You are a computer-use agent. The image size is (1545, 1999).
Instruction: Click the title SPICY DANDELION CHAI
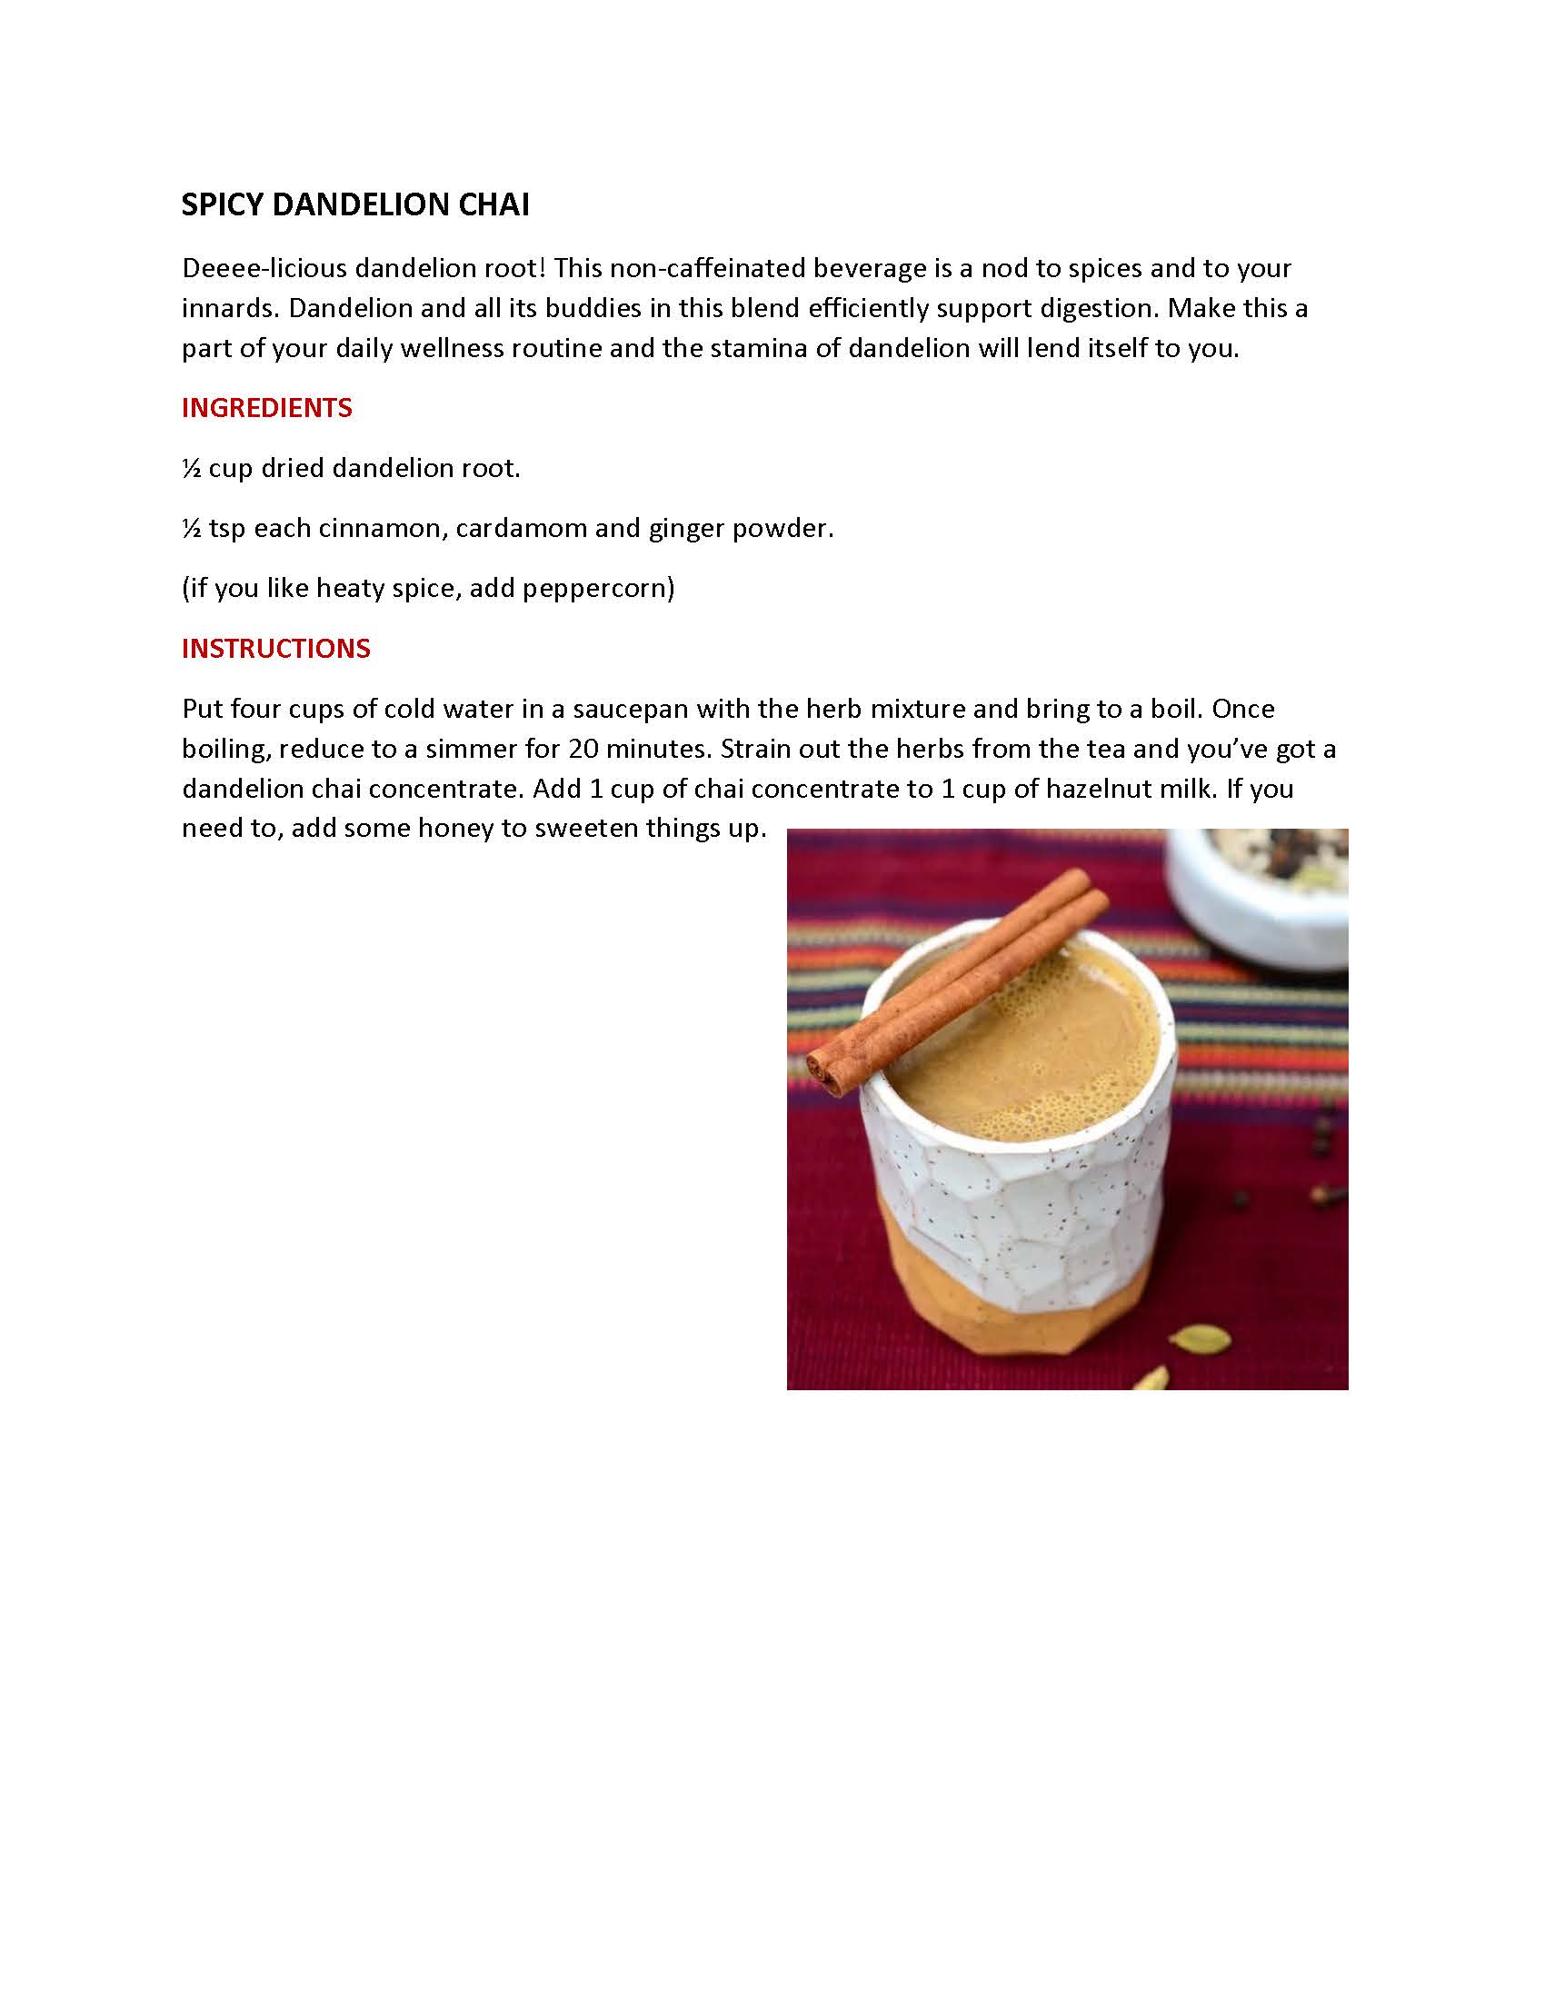point(355,204)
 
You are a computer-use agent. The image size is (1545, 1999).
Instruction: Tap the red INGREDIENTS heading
point(266,408)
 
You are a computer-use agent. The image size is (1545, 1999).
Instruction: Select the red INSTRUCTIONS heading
point(275,649)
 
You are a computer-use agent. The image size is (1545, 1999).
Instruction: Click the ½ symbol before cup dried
point(191,469)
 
